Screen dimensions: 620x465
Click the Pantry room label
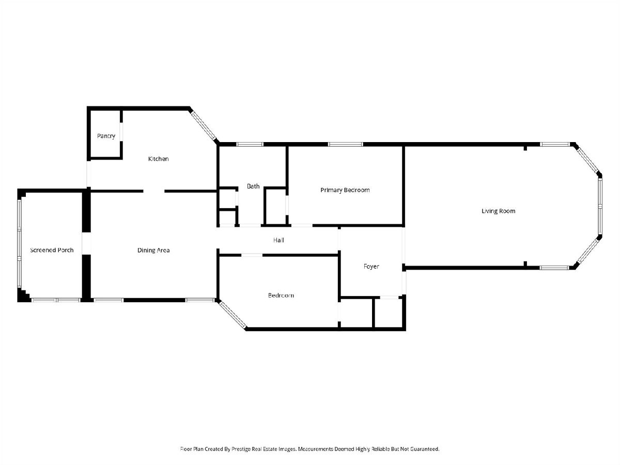pyautogui.click(x=106, y=136)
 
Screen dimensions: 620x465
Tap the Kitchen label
pyautogui.click(x=159, y=159)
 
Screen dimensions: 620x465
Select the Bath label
pyautogui.click(x=253, y=187)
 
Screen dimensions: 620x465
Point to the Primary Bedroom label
pyautogui.click(x=345, y=190)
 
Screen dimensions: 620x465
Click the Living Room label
pyautogui.click(x=498, y=211)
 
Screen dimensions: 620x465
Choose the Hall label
pyautogui.click(x=278, y=240)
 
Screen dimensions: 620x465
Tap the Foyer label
pyautogui.click(x=371, y=267)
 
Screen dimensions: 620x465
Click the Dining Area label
pyautogui.click(x=153, y=251)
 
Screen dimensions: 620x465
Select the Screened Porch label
pyautogui.click(x=52, y=250)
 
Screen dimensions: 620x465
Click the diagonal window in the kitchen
pyautogui.click(x=204, y=126)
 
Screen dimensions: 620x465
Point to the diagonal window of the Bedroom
pyautogui.click(x=233, y=315)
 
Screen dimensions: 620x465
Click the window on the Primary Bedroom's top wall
pyautogui.click(x=345, y=144)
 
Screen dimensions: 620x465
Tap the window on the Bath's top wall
pyautogui.click(x=250, y=144)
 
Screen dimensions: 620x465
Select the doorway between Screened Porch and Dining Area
pyautogui.click(x=86, y=243)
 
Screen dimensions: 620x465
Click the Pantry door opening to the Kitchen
pyautogui.click(x=121, y=132)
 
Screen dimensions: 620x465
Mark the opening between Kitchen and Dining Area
pyautogui.click(x=153, y=191)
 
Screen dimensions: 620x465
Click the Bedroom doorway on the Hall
pyautogui.click(x=252, y=255)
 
